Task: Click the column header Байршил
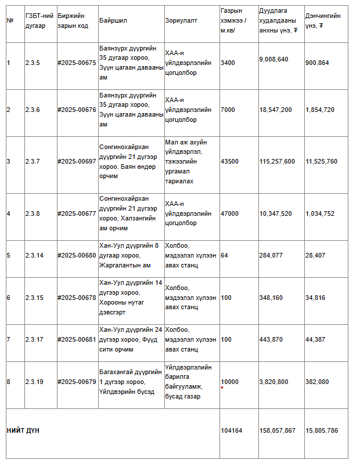tap(113, 20)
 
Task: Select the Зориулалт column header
tap(181, 20)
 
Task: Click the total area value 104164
tap(231, 431)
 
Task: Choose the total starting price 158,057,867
tap(277, 431)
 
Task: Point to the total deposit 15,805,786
tap(321, 431)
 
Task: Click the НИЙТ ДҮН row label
tap(23, 431)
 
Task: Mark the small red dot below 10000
tap(222, 387)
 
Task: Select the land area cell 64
tap(224, 255)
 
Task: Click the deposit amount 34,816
tap(315, 298)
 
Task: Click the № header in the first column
tap(10, 20)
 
